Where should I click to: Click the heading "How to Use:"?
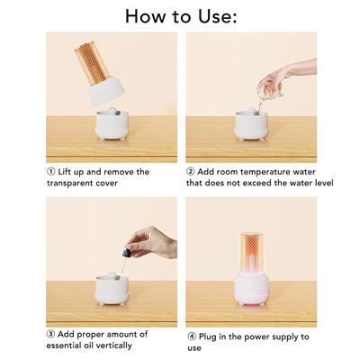point(180,15)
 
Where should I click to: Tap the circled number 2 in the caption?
point(191,171)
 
